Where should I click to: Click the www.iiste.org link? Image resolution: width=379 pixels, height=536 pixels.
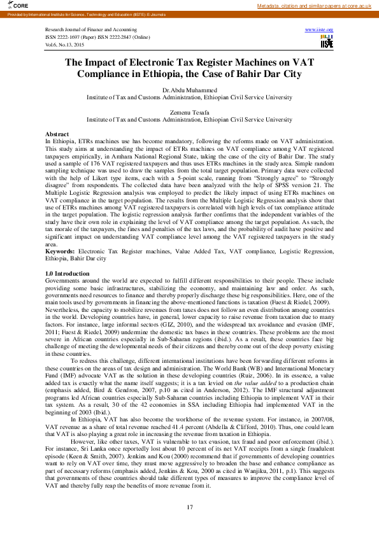coord(319,30)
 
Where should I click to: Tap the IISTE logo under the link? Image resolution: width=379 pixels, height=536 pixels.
coord(326,41)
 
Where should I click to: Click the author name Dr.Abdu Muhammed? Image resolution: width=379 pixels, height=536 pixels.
coord(189,91)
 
